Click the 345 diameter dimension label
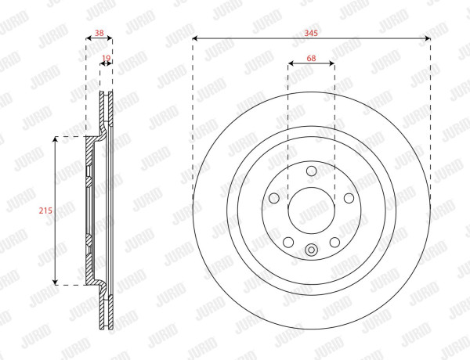pos(311,33)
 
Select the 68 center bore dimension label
pos(311,58)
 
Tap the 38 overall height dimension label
pos(99,33)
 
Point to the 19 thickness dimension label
pos(106,58)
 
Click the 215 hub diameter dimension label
pos(45,211)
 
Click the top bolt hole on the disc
pos(312,171)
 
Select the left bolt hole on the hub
pos(274,198)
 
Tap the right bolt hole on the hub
pos(349,198)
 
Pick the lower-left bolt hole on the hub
pos(288,242)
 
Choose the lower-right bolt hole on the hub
pos(334,242)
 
